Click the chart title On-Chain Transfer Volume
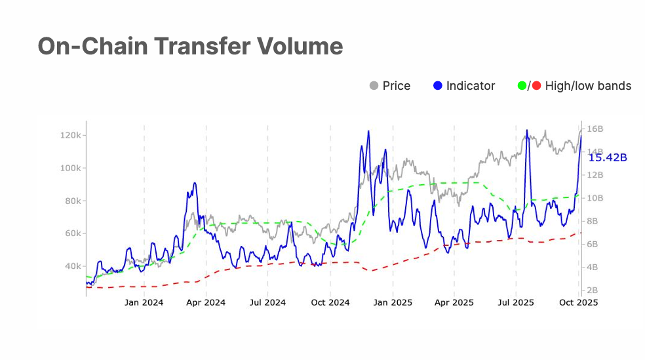[190, 46]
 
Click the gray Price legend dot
[374, 86]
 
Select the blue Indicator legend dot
[439, 86]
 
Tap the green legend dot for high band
[522, 86]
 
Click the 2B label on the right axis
[593, 290]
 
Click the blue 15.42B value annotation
[607, 157]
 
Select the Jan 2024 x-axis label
[144, 302]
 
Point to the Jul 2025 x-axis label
[516, 302]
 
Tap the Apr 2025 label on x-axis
[454, 302]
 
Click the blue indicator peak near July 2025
[527, 130]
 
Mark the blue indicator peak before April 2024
[195, 183]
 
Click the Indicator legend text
[471, 86]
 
